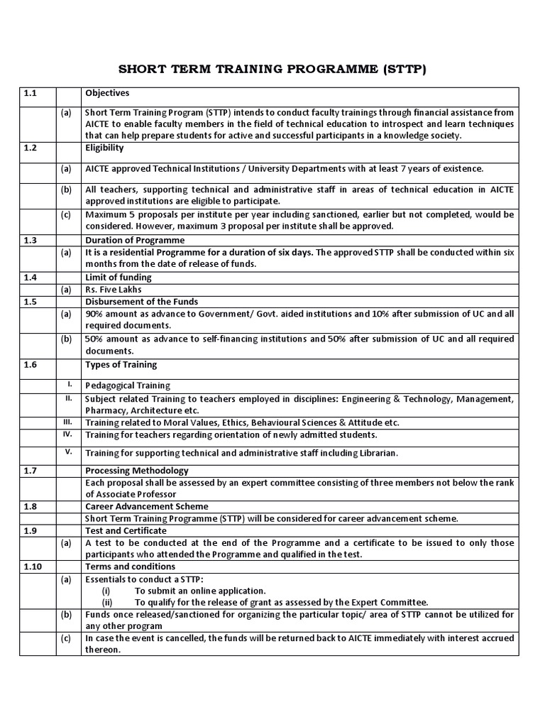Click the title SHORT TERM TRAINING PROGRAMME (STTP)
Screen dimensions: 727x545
272,70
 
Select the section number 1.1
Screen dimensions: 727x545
30,93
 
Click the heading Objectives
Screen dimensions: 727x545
107,93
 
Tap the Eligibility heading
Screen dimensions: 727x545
104,148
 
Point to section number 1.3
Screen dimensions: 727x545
30,240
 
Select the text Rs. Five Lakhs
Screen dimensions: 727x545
114,290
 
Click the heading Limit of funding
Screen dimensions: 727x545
118,277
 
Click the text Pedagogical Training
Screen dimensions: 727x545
128,386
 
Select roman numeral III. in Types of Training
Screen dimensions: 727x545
70,422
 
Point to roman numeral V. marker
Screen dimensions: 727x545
70,452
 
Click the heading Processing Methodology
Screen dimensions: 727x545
137,470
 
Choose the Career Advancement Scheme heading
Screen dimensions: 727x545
147,506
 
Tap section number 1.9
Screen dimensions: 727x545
30,530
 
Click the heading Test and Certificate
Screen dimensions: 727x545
126,530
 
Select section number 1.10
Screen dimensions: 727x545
32,567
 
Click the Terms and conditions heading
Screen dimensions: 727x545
130,567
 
